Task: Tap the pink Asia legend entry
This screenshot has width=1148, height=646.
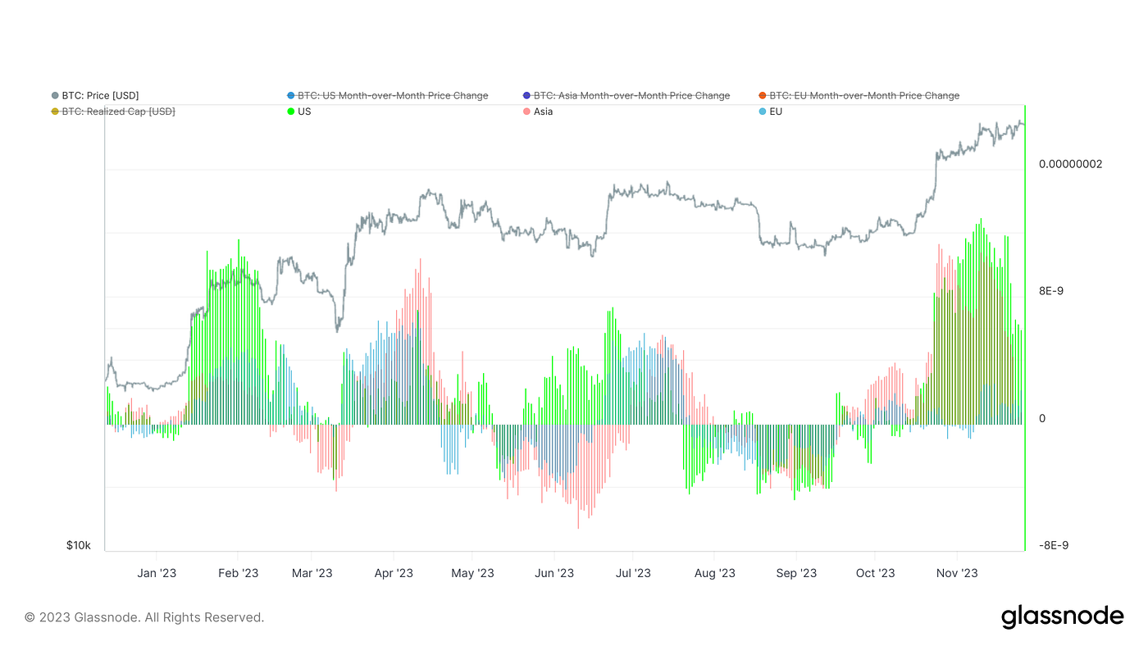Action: (x=542, y=111)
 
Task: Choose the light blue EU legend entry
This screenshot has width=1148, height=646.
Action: (x=775, y=111)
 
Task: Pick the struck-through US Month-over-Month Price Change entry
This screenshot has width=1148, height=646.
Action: (x=392, y=96)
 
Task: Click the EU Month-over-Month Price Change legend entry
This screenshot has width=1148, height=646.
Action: (x=863, y=96)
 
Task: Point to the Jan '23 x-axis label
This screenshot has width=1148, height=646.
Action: (x=156, y=573)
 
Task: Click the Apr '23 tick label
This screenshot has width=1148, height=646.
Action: (x=394, y=573)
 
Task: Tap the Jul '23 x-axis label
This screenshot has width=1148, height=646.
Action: (x=632, y=573)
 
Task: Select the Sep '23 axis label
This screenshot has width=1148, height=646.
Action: (x=796, y=573)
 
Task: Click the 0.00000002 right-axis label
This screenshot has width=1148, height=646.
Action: (x=1070, y=164)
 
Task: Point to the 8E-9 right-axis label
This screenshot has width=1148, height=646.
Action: (x=1054, y=291)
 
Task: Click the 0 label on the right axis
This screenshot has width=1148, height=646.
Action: (x=1042, y=419)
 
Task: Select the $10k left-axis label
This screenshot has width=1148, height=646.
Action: (x=79, y=545)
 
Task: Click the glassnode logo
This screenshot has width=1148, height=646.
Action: (x=1062, y=616)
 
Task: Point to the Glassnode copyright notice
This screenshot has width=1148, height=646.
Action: (x=144, y=617)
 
